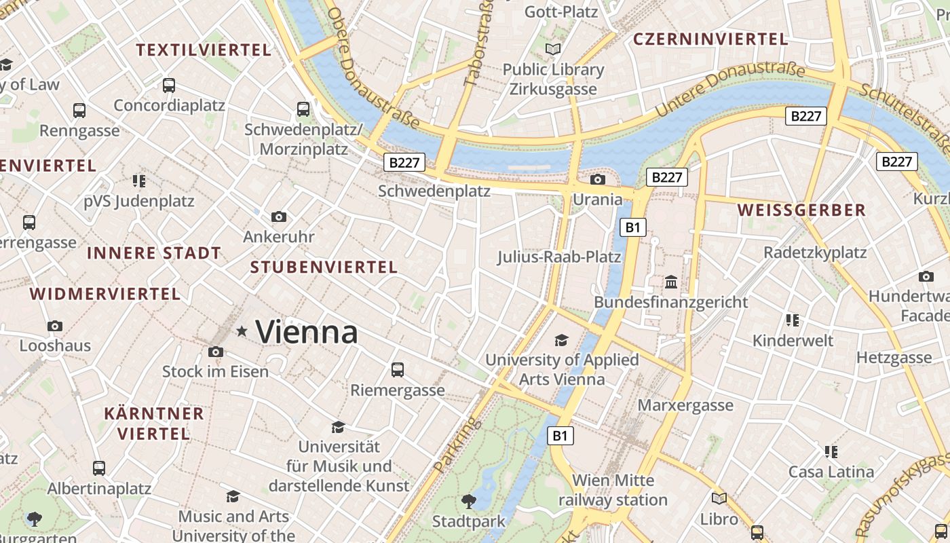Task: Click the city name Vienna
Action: [x=307, y=332]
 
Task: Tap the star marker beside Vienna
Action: [x=242, y=331]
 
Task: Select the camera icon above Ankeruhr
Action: [x=278, y=217]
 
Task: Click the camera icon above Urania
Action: [x=598, y=179]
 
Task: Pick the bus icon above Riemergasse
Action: [x=398, y=370]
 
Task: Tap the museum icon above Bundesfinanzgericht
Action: [x=671, y=282]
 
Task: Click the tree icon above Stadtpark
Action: [x=468, y=502]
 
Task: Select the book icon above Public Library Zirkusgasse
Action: [x=554, y=49]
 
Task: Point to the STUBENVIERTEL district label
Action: [x=324, y=267]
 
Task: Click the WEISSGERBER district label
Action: [x=801, y=210]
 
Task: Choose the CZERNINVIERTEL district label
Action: [x=710, y=39]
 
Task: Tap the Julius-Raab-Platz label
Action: [x=559, y=257]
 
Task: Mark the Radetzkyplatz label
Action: [x=815, y=252]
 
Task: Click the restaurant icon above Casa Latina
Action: [x=831, y=451]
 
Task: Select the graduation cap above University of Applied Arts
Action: [x=561, y=340]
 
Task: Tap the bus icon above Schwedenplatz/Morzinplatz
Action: [x=303, y=109]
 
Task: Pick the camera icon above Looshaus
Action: [x=55, y=326]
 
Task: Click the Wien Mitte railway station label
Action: [x=613, y=490]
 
